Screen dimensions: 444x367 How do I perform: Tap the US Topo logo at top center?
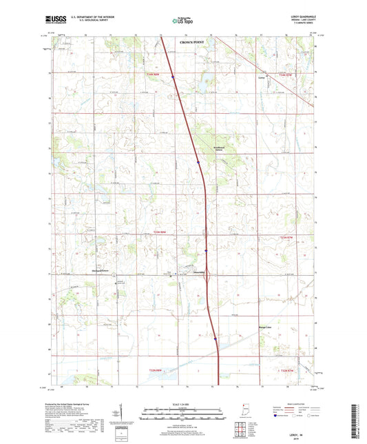pos(180,21)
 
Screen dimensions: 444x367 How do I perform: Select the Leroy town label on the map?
pos(280,79)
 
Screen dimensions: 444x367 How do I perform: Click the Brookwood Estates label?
pos(220,150)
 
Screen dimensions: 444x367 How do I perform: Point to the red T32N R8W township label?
pos(158,372)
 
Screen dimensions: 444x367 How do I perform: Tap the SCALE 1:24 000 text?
pos(182,403)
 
